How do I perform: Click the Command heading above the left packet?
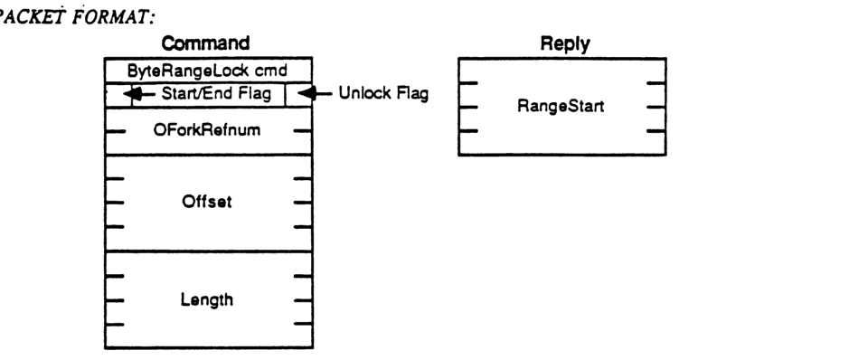(207, 43)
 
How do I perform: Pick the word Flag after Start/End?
(260, 93)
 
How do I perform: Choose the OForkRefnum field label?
(207, 130)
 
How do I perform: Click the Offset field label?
(207, 202)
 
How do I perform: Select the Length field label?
(207, 300)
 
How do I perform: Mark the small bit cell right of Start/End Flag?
(297, 94)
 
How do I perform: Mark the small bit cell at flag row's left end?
(112, 94)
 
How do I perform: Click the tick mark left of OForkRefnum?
(115, 131)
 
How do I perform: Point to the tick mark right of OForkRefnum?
(302, 131)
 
